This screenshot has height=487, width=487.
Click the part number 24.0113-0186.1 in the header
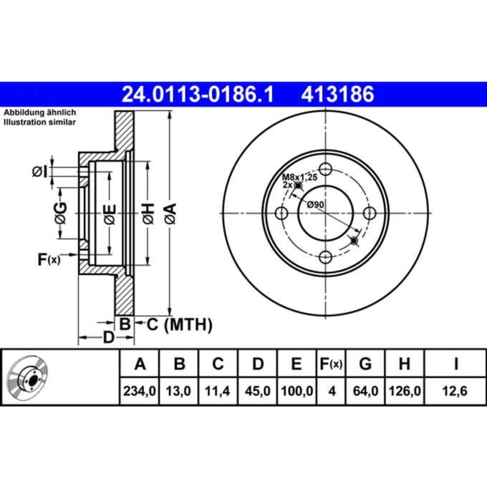point(198,95)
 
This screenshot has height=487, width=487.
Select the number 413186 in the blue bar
point(337,95)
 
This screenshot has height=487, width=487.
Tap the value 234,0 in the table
point(140,391)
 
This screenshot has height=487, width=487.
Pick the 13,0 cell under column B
point(178,391)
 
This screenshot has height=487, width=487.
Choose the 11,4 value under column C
point(218,391)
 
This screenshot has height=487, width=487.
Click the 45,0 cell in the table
point(258,391)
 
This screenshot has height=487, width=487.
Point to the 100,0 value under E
point(297,391)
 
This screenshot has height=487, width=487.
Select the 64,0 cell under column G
point(365,391)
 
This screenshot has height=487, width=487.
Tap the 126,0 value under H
point(405,391)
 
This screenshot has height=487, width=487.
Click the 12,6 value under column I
point(455,391)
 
